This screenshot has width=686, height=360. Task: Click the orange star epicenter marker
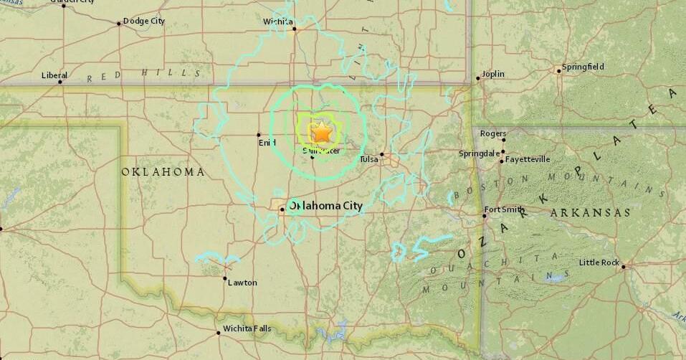(322, 133)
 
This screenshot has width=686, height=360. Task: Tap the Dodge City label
(144, 21)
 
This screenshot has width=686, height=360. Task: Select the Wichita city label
(277, 22)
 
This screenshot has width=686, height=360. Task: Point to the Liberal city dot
(60, 82)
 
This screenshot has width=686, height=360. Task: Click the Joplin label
(493, 74)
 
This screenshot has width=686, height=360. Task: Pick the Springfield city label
(583, 67)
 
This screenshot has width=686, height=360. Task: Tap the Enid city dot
(259, 135)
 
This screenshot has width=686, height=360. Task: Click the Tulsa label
(368, 158)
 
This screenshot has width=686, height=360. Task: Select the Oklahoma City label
(325, 206)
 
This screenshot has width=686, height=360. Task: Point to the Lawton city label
(242, 283)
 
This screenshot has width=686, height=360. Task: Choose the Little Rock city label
(599, 262)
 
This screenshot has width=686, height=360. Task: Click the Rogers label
(493, 133)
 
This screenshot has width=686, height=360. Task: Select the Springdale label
(479, 153)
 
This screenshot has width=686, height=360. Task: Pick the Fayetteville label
(528, 159)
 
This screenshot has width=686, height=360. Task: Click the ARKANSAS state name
(590, 213)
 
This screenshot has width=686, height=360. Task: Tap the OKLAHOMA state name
(163, 172)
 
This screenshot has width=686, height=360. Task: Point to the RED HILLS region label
(144, 74)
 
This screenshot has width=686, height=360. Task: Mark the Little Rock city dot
(624, 267)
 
